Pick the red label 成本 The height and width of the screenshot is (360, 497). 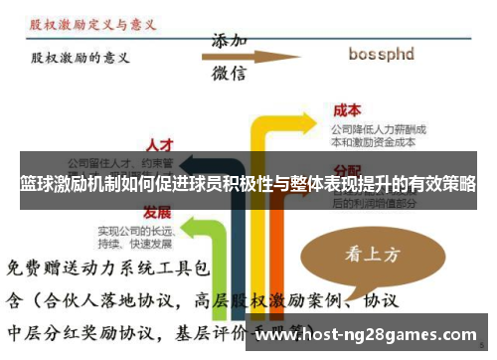[x=346, y=111]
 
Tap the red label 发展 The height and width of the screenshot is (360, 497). [x=156, y=212]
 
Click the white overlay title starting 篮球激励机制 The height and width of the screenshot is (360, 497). [x=248, y=185]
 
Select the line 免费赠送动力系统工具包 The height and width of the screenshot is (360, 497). [x=109, y=268]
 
